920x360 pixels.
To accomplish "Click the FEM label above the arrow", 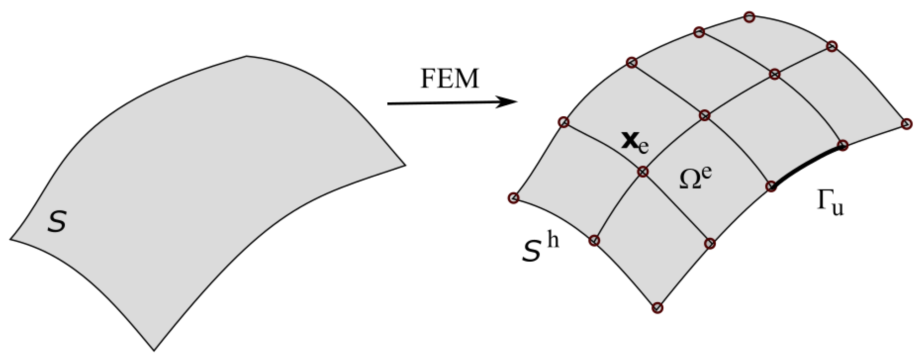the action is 449,79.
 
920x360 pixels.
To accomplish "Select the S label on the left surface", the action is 57,222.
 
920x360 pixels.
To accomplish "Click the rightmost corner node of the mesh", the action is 907,124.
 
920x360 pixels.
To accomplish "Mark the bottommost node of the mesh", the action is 657,308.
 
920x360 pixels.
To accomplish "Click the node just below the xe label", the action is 643,172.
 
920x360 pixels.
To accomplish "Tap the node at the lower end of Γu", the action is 771,186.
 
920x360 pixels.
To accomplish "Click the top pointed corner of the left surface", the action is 246,56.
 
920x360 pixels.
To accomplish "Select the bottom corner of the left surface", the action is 154,350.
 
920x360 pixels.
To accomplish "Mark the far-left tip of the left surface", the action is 11,239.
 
